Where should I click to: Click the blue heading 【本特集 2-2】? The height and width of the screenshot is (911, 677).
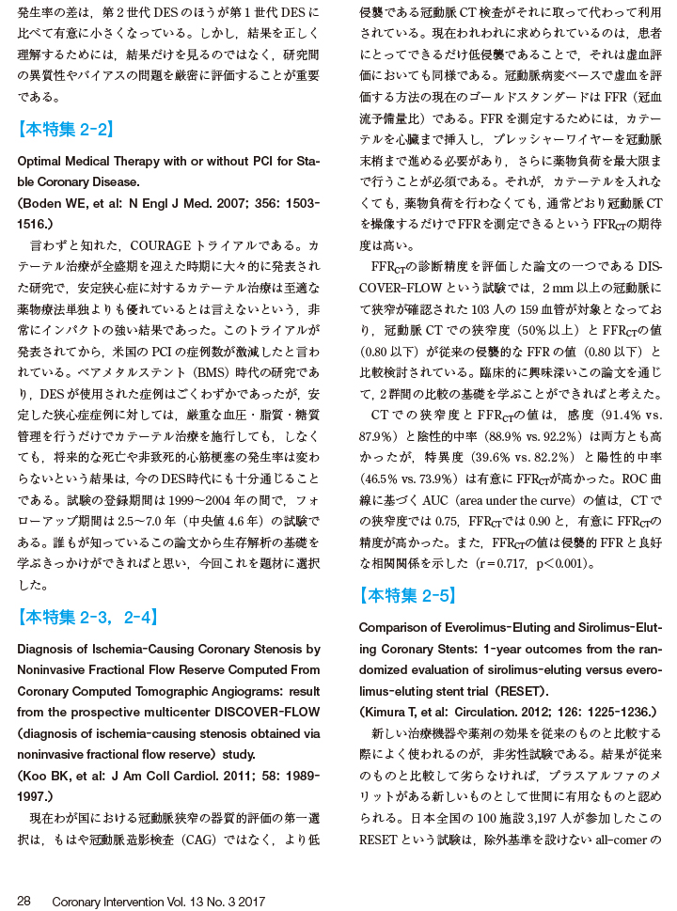66,130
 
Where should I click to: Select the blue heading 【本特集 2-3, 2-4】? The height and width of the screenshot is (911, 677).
87,617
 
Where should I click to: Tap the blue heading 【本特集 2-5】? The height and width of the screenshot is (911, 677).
408,595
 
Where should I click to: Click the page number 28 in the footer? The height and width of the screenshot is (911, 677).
24,901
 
